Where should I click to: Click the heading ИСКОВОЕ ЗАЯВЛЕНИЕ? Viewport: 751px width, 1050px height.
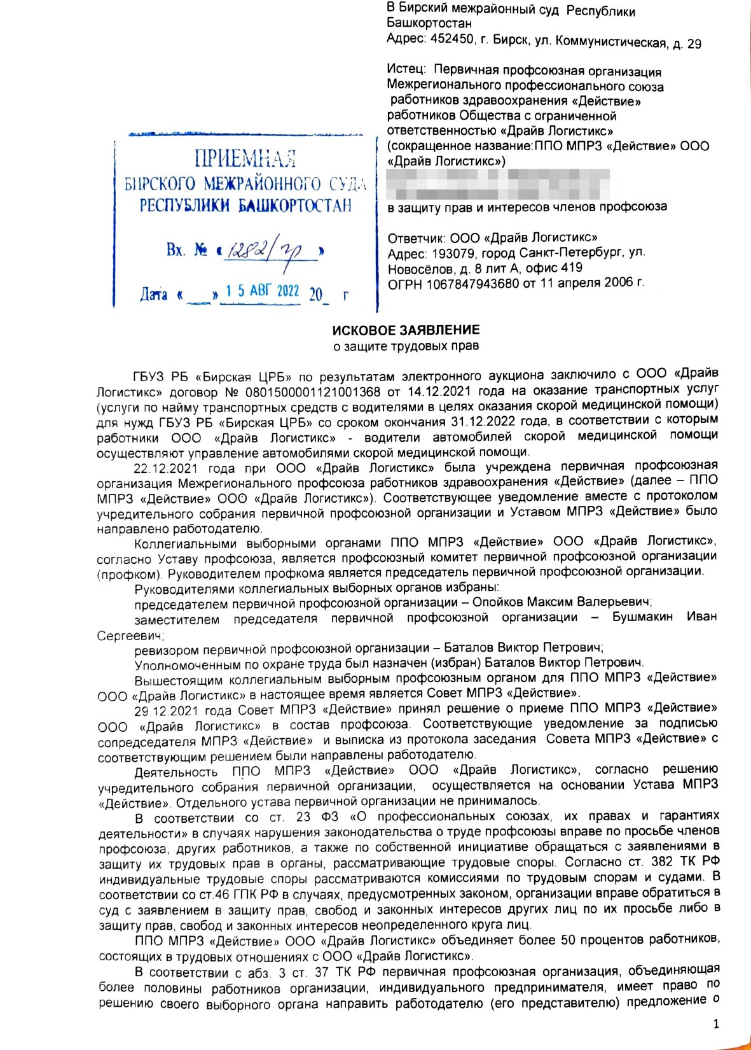[x=406, y=330]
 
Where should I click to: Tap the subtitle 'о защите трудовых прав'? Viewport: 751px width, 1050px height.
[x=406, y=347]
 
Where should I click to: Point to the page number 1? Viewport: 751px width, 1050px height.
[x=716, y=1024]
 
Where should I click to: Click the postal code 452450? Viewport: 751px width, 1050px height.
[x=451, y=39]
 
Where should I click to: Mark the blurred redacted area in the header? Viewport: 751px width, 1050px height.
[x=499, y=183]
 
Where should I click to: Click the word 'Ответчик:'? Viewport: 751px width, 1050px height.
[x=417, y=239]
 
